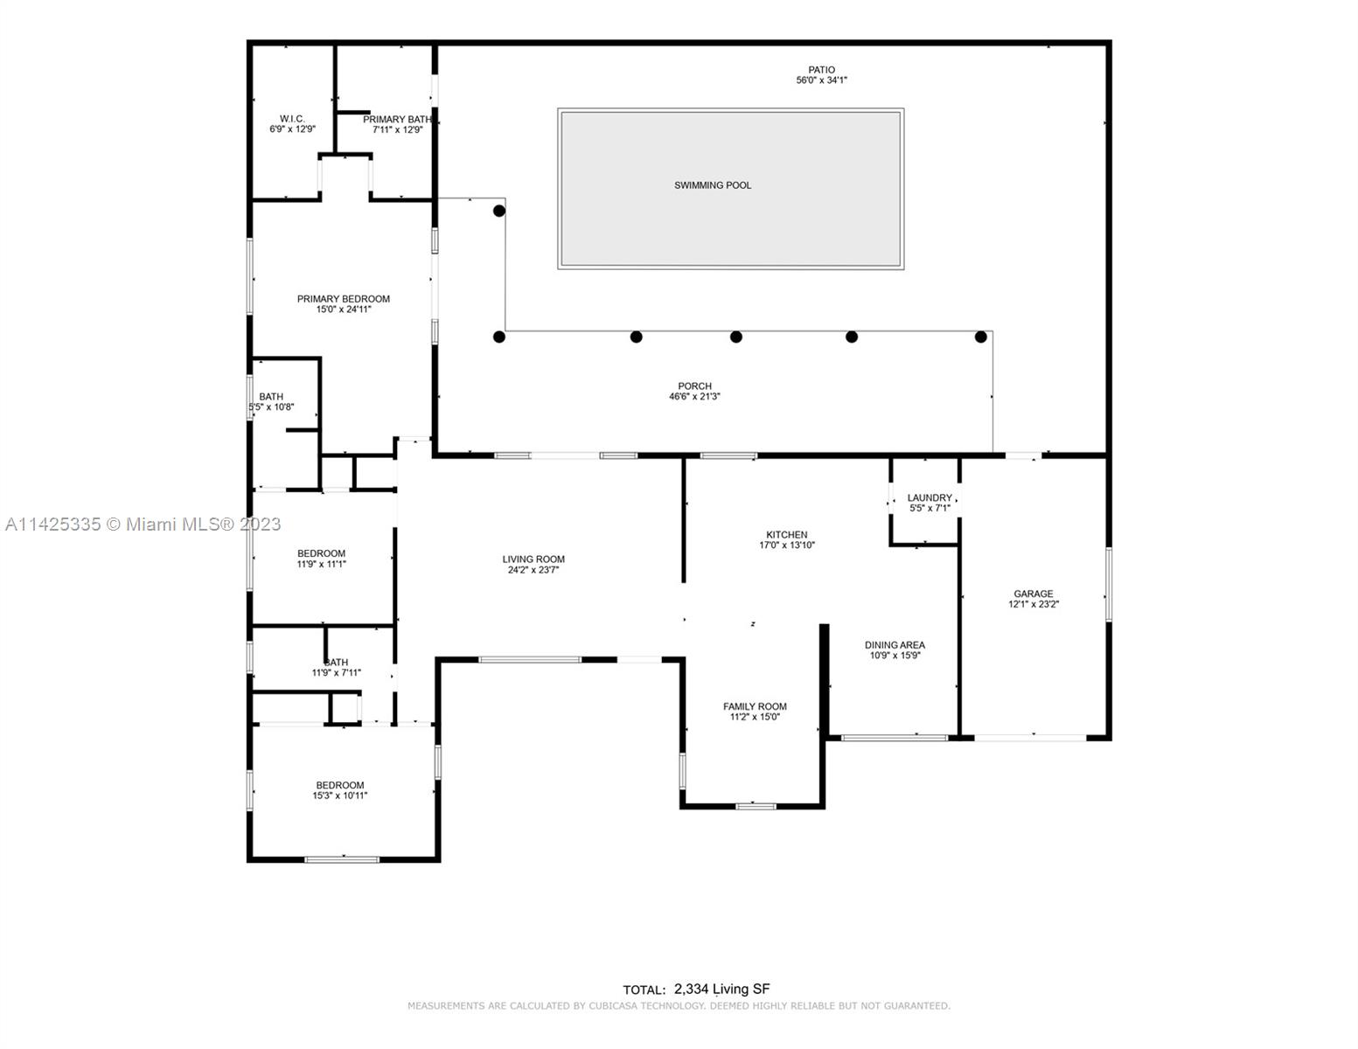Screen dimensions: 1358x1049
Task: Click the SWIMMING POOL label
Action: pos(713,185)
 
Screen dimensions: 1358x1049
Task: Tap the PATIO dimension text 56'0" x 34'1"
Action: pos(821,80)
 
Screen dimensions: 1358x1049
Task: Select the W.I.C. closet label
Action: pos(292,119)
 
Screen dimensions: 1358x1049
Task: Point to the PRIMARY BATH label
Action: pos(397,120)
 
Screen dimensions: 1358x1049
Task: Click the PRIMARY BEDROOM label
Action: pos(343,299)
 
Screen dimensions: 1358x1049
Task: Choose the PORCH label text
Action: pos(695,386)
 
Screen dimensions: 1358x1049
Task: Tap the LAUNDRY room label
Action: pos(930,498)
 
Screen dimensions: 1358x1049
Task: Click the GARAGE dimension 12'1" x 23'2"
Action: pos(1034,604)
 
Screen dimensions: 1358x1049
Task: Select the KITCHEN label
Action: pos(787,535)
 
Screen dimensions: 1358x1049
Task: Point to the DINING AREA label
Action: pos(895,645)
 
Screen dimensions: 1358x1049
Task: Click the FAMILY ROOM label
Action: pos(755,706)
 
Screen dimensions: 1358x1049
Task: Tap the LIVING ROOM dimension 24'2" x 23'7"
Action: pos(533,570)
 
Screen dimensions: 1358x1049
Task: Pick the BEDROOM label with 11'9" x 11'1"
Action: pos(321,553)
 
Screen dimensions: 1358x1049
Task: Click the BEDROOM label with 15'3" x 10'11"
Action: pos(340,785)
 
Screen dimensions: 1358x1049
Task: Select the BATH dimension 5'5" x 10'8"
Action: pos(271,407)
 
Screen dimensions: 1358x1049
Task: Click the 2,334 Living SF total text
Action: pos(721,989)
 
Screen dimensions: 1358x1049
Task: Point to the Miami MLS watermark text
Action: pos(143,524)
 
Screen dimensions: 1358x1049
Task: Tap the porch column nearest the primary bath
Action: pos(498,212)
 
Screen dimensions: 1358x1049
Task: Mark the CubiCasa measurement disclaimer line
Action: pos(679,1006)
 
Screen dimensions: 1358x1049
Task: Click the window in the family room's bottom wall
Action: pos(756,807)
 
